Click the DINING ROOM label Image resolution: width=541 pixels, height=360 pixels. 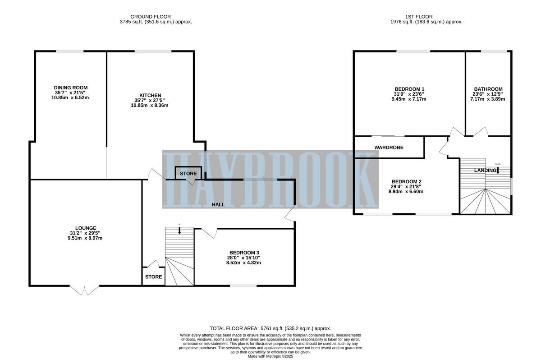pos(71,88)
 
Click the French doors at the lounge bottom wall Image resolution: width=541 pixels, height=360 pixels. pos(84,290)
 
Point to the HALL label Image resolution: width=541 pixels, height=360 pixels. pos(218,204)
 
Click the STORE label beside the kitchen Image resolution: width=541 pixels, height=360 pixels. pos(188,173)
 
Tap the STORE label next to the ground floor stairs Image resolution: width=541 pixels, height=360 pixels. pos(154,277)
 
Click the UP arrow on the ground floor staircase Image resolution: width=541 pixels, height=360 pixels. pos(179,231)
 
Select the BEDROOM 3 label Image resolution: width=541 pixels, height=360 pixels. pos(244,253)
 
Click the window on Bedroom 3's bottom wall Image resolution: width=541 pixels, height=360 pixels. pos(243,286)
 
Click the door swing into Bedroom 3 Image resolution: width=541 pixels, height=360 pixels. pos(209,233)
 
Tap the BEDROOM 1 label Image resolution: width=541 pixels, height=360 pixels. pos(409,89)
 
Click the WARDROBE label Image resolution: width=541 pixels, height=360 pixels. pos(389,148)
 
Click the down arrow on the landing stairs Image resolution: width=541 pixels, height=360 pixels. pos(498,171)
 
